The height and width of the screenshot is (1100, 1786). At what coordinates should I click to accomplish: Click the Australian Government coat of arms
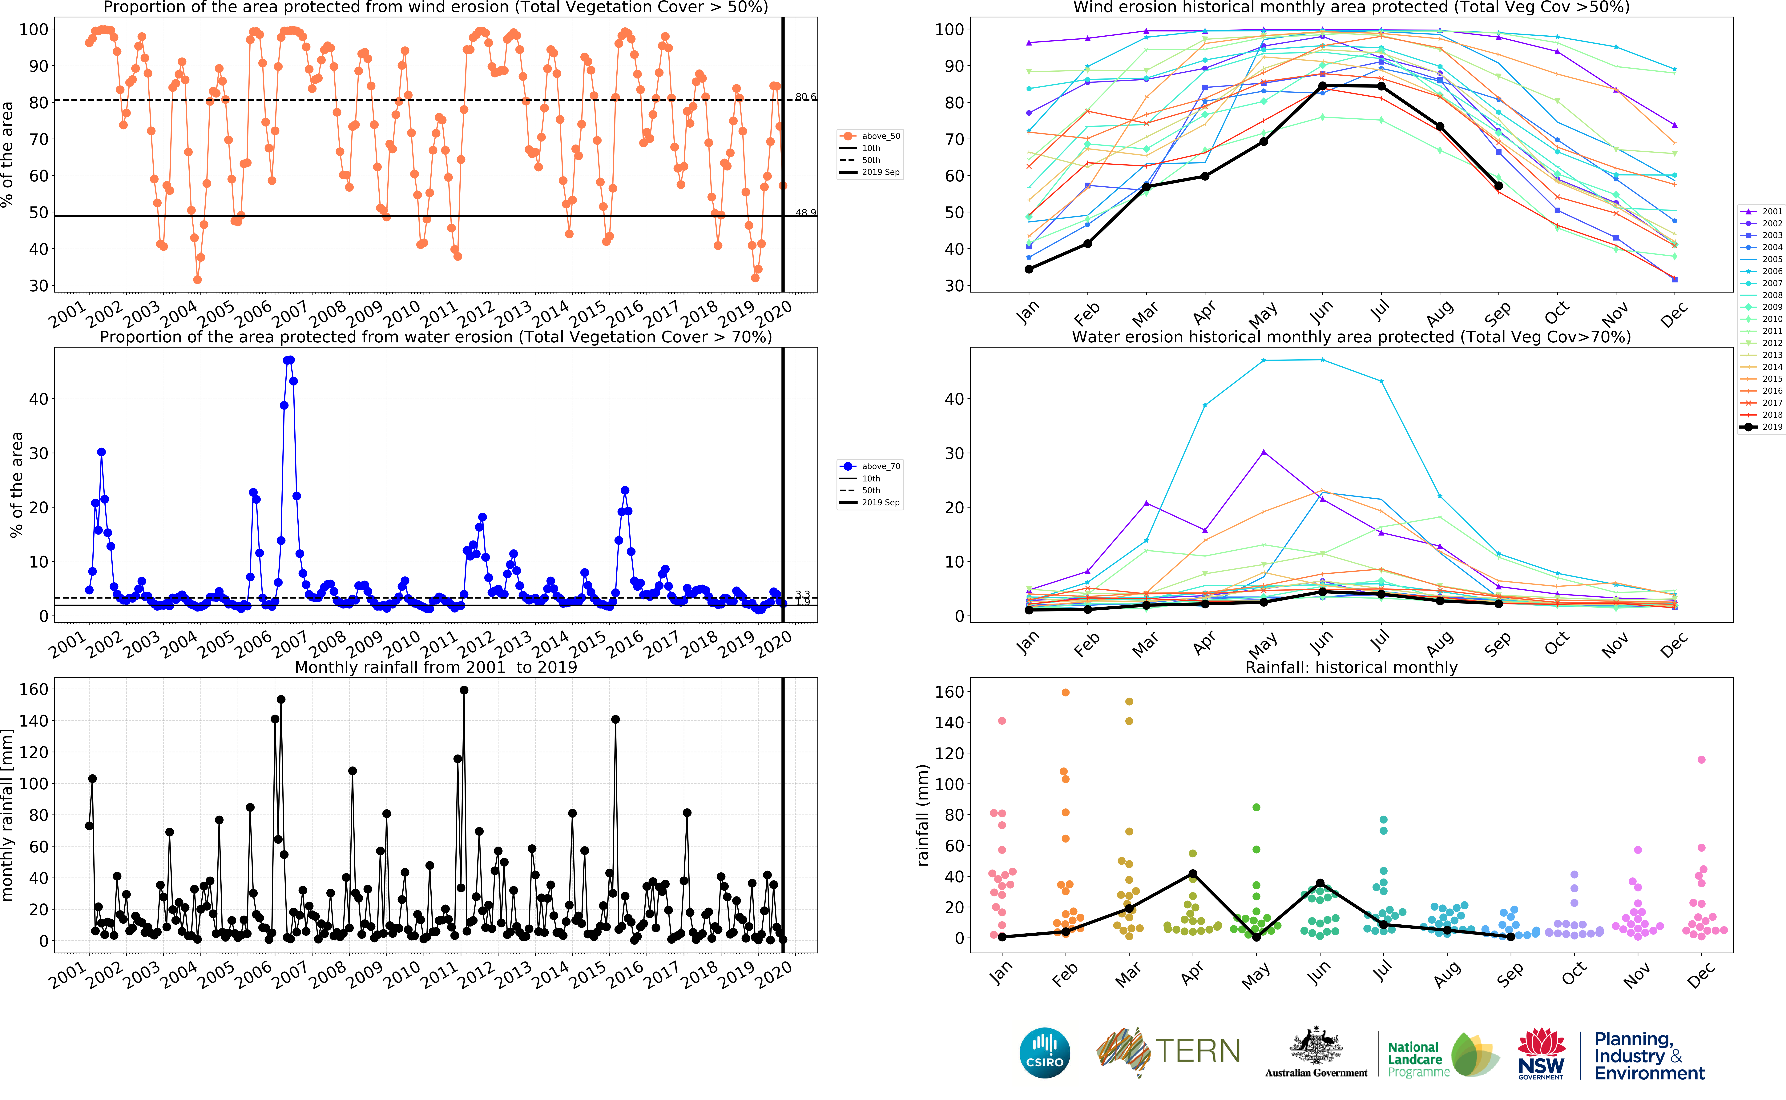click(x=1316, y=1048)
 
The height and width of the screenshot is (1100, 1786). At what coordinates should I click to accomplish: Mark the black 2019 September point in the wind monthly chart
click(x=1498, y=186)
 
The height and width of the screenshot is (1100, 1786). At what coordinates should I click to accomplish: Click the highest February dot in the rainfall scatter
click(x=1066, y=693)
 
